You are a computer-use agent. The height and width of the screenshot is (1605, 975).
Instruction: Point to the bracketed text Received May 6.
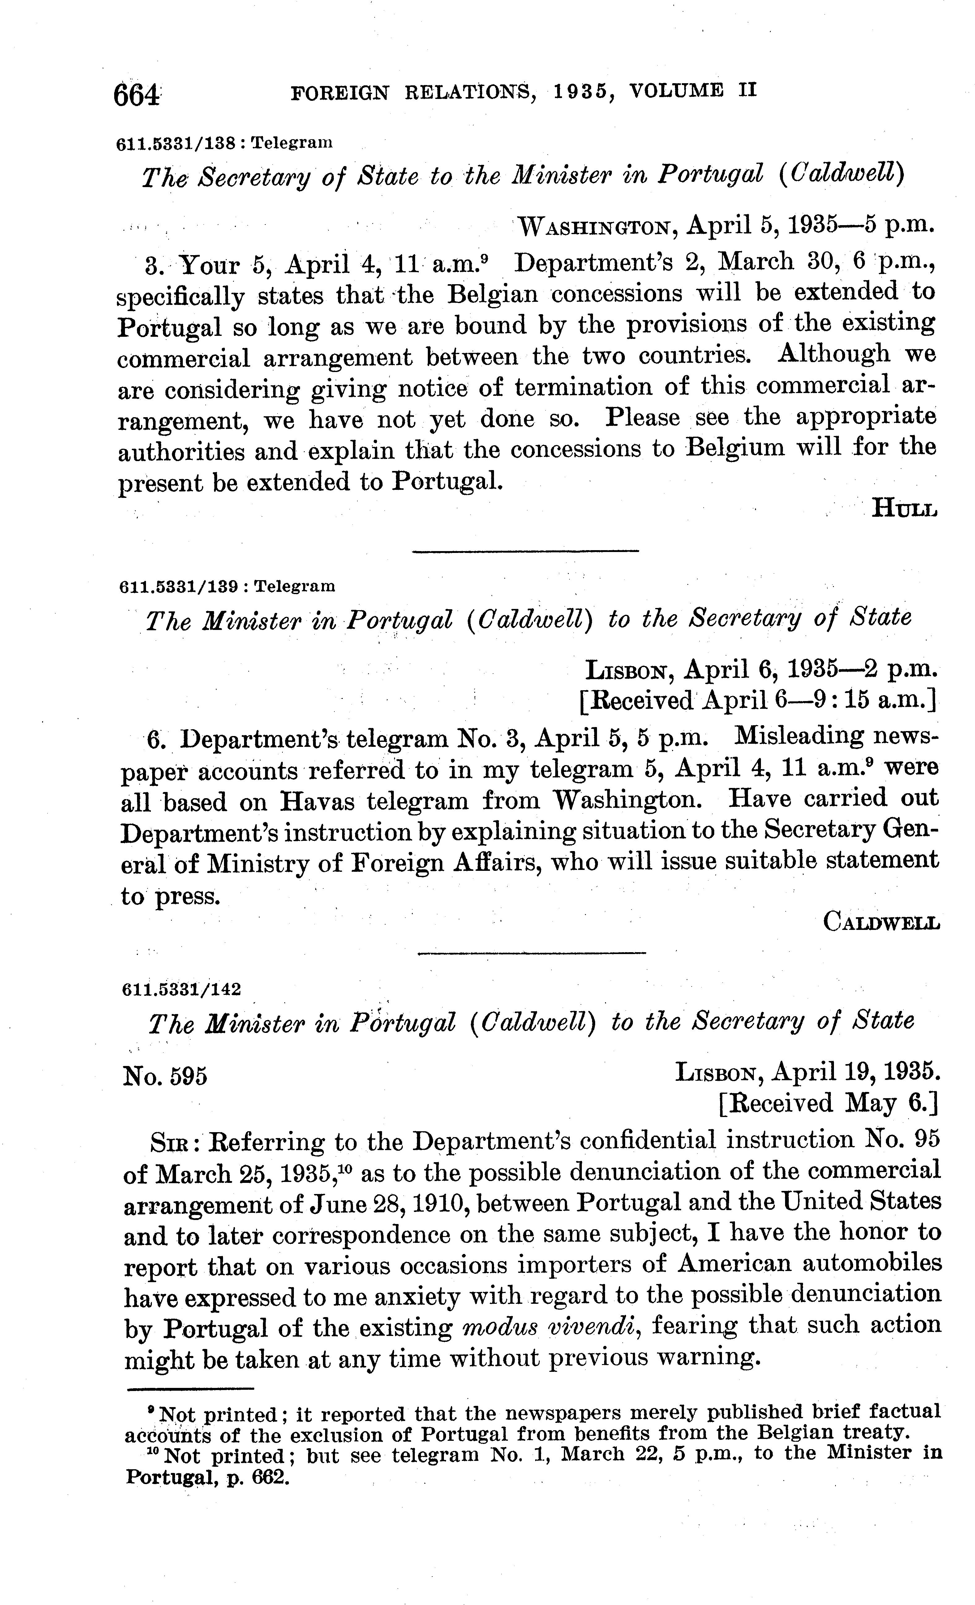coord(828,1103)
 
